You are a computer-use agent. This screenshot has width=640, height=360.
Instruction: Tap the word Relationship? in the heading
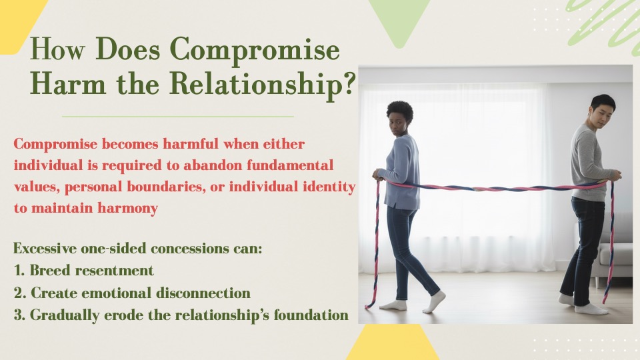pyautogui.click(x=263, y=85)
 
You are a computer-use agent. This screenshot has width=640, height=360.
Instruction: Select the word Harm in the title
pyautogui.click(x=68, y=84)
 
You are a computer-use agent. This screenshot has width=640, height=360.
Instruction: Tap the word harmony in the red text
pyautogui.click(x=128, y=208)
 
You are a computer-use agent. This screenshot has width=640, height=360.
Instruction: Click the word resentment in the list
pyautogui.click(x=115, y=270)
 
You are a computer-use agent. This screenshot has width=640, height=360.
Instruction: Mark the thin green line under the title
pyautogui.click(x=178, y=117)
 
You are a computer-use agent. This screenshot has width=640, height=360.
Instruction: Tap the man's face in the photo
pyautogui.click(x=601, y=115)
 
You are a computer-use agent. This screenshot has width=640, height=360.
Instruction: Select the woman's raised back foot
pyautogui.click(x=434, y=301)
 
